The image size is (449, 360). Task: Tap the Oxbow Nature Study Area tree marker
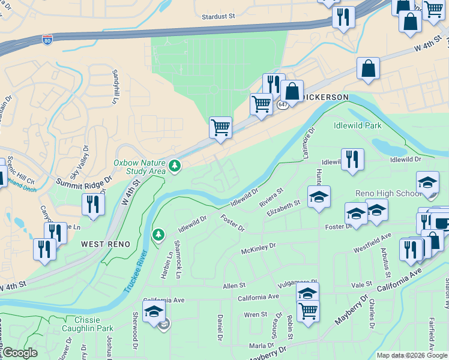click(175, 165)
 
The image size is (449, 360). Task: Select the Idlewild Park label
click(358, 126)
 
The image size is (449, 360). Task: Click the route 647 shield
click(283, 104)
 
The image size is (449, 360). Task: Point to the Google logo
click(19, 353)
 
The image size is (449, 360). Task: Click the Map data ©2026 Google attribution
click(411, 355)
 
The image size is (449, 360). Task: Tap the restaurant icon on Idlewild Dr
click(352, 160)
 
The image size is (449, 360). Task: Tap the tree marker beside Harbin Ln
click(158, 235)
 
